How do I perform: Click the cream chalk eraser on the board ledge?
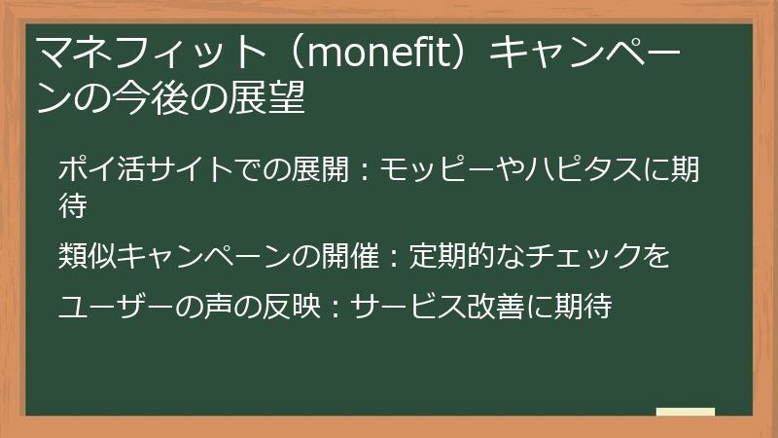point(685,413)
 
